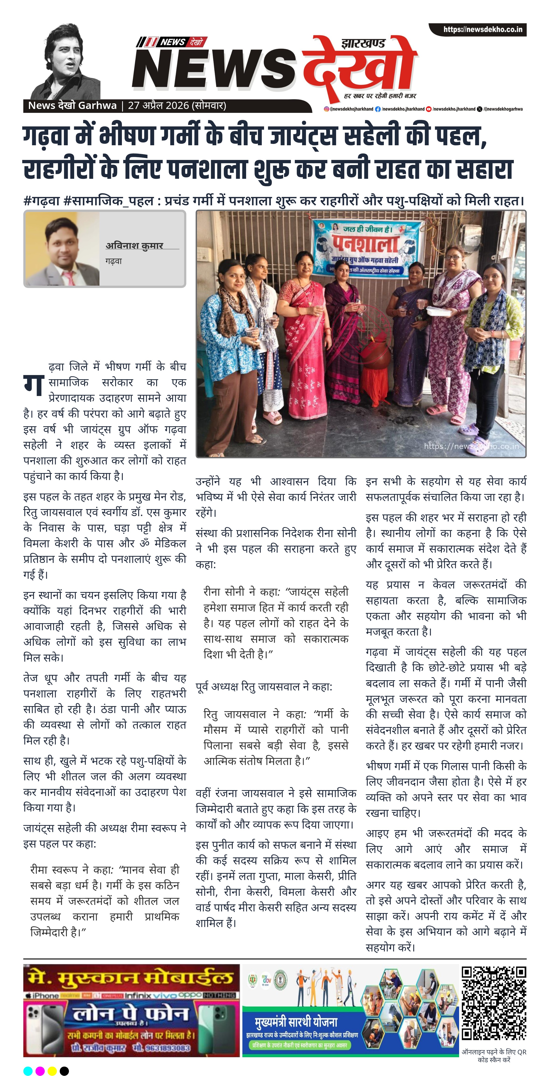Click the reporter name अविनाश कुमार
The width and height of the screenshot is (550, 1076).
pos(134,246)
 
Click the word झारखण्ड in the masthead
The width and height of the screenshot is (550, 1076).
pos(363,43)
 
